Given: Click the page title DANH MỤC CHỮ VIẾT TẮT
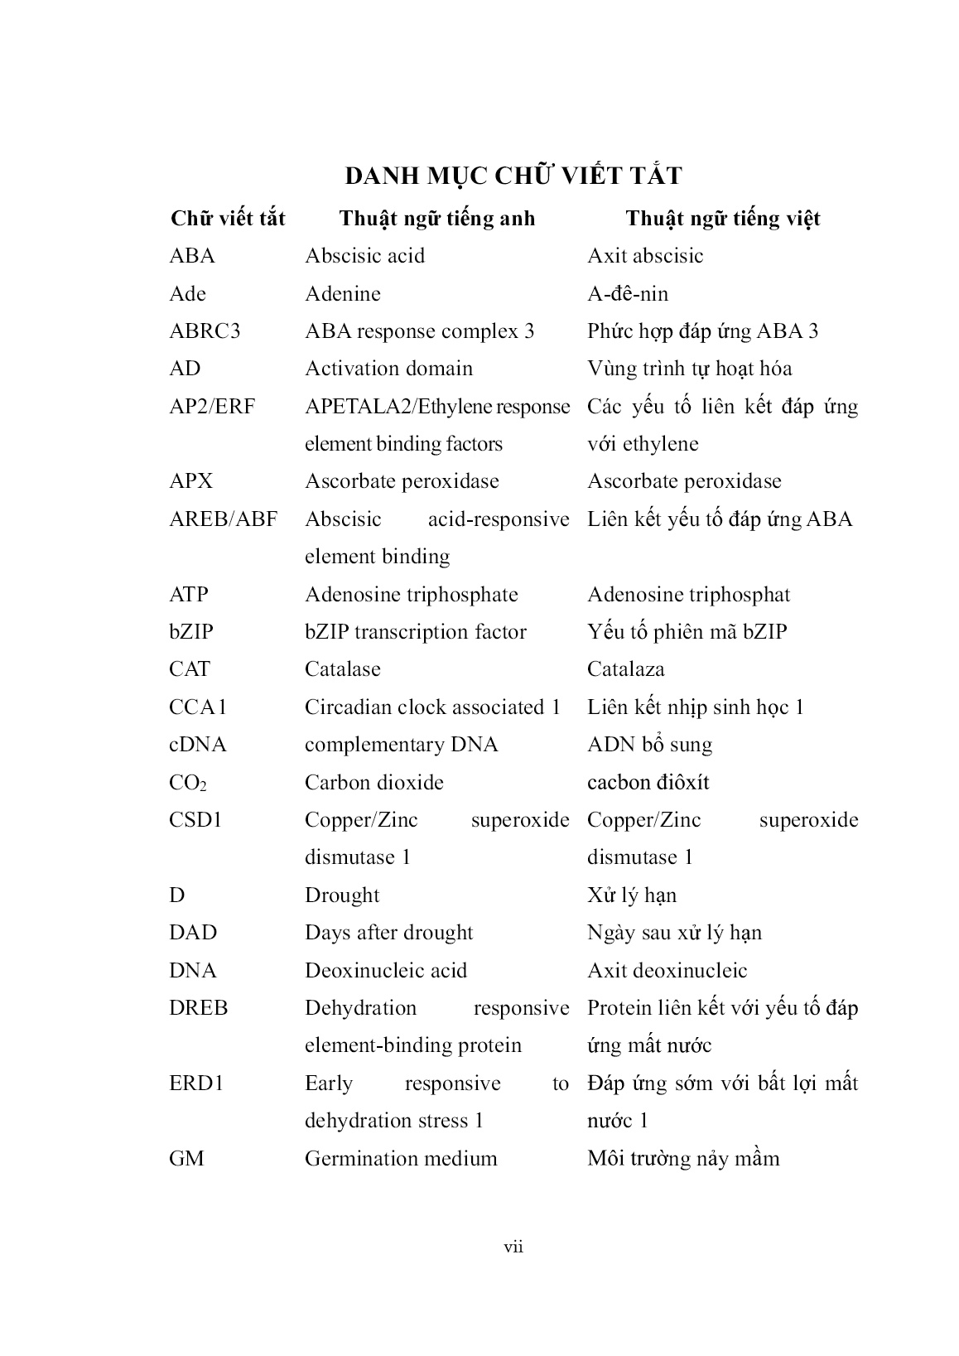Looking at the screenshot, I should [x=513, y=176].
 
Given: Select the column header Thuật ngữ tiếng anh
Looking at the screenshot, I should [x=436, y=219].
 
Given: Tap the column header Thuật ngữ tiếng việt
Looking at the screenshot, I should [x=722, y=219].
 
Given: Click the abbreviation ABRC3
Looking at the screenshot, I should [x=205, y=331].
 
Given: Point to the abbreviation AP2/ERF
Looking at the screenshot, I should [x=212, y=407].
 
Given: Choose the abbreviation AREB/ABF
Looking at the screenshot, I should [x=223, y=519].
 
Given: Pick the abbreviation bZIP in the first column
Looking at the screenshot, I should [x=191, y=632].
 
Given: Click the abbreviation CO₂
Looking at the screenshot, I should [x=188, y=783].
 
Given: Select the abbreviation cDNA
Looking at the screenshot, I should [x=197, y=745].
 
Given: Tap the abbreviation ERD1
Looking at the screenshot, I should [x=196, y=1083].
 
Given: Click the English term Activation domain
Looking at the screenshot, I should [x=388, y=369].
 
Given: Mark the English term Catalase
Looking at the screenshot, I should [x=343, y=669].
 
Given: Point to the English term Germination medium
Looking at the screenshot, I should [x=401, y=1158].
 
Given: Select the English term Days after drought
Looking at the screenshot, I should [x=388, y=933].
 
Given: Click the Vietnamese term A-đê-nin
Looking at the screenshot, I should [x=628, y=294].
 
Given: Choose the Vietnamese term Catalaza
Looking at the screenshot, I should [x=625, y=669].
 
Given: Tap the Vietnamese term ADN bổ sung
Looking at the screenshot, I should [x=649, y=745].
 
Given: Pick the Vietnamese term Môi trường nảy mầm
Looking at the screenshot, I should [x=683, y=1158].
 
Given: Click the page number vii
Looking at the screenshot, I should [x=513, y=1247].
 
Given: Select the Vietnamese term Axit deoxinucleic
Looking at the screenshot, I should [x=667, y=971].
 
